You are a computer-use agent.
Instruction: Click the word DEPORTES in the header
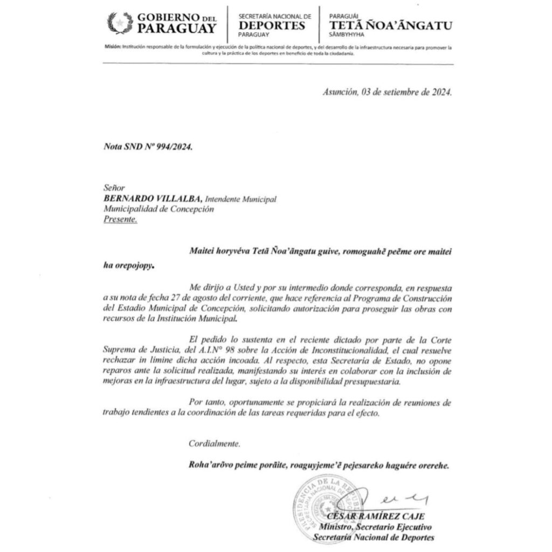point(272,25)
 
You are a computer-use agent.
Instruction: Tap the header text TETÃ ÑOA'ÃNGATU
point(391,25)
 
